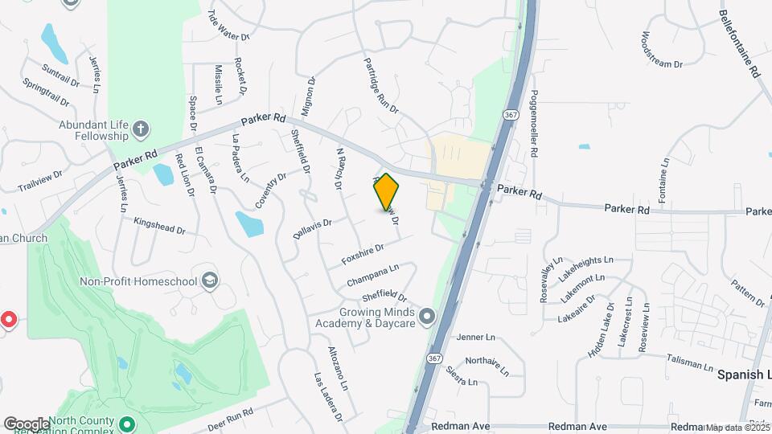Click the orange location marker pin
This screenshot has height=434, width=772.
click(x=386, y=191)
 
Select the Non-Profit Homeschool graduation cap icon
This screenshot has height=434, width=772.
click(x=209, y=280)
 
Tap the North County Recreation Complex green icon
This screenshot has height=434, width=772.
click(x=125, y=423)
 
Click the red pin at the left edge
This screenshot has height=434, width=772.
click(x=8, y=320)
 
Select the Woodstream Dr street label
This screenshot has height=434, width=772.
click(x=662, y=51)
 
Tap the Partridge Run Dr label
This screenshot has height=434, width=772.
click(x=380, y=84)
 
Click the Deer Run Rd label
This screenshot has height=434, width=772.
click(x=230, y=416)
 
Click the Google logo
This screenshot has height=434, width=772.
click(x=27, y=424)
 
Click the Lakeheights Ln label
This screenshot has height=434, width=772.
click(x=586, y=264)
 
